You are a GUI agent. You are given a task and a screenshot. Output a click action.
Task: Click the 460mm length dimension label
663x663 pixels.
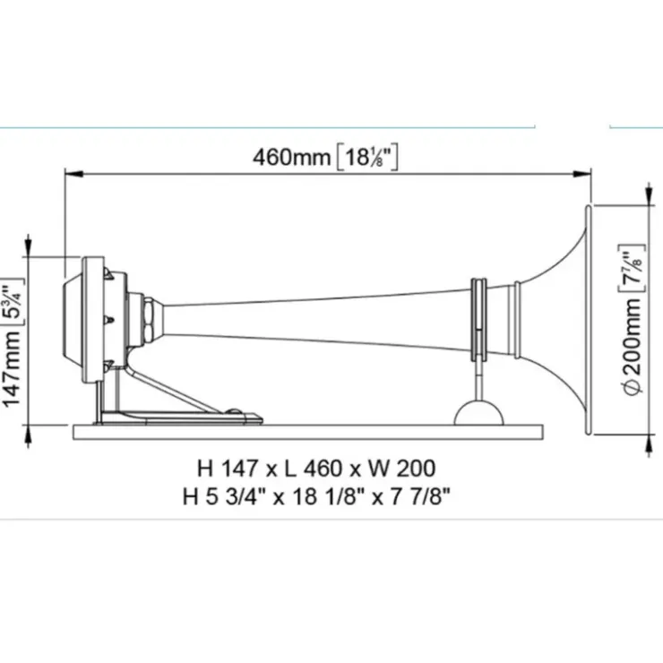coord(291,158)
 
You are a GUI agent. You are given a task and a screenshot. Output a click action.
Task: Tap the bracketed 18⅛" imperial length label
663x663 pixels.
coord(367,158)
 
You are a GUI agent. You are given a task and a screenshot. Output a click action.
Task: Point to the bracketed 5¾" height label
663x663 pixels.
coord(13,302)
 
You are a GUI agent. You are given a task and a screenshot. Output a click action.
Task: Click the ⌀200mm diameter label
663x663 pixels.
coord(633,347)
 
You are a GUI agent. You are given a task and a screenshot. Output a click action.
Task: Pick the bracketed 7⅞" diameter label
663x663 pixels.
coord(632,269)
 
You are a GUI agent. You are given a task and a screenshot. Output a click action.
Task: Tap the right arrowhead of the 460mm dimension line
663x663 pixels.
coord(581,174)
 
